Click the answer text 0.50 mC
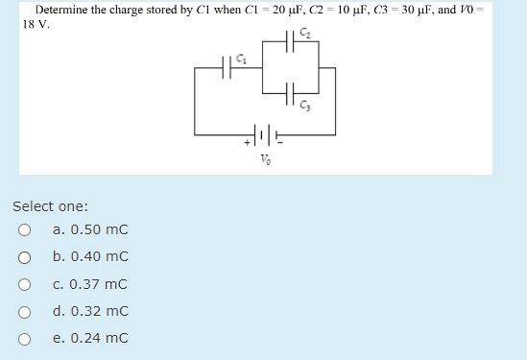[x=91, y=229]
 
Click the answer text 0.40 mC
[x=91, y=257]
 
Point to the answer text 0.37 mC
[x=91, y=284]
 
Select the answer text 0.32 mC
[x=91, y=311]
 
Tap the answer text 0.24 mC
[x=91, y=338]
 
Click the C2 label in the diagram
[x=305, y=35]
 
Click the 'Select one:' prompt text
[x=50, y=206]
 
